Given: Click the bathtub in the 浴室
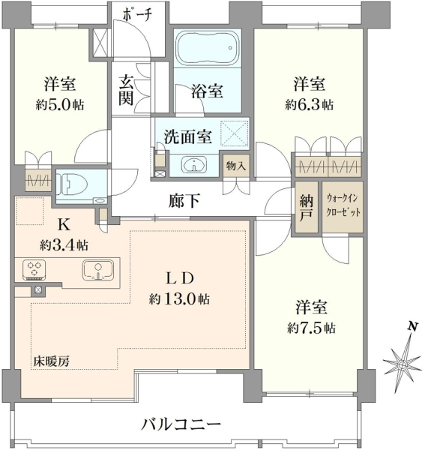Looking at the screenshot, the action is click(x=208, y=48).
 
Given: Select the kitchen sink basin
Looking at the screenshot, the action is click(x=98, y=270).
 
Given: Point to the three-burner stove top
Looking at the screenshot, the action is click(x=34, y=270).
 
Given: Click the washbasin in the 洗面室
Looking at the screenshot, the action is click(x=194, y=165).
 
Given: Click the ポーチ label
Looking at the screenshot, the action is click(x=137, y=16).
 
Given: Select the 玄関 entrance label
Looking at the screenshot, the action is click(x=126, y=90).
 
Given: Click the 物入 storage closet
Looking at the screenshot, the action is click(x=236, y=166).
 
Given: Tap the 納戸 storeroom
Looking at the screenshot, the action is click(x=306, y=207).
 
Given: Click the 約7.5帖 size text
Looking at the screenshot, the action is click(x=311, y=328).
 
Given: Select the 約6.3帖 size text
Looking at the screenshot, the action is click(x=310, y=105).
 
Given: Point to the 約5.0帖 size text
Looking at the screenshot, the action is click(x=60, y=105).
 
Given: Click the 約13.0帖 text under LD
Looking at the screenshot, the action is click(x=179, y=299).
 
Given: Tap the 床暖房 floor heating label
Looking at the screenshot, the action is click(x=52, y=361).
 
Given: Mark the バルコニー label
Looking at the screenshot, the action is click(x=181, y=424).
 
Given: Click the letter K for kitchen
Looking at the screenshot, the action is click(x=64, y=225).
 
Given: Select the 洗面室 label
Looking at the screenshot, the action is click(x=188, y=136).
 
